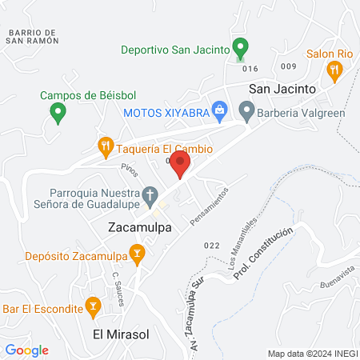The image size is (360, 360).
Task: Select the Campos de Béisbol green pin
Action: (58, 114)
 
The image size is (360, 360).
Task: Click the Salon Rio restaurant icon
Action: (335, 70)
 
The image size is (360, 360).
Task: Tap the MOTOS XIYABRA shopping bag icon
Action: (218, 112)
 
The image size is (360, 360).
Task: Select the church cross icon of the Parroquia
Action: (150, 194)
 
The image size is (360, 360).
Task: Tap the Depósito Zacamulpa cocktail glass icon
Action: (138, 256)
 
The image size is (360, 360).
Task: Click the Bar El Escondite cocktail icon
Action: (94, 307)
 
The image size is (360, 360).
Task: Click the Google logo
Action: (27, 350)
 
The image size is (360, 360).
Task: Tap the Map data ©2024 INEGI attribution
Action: (310, 354)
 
